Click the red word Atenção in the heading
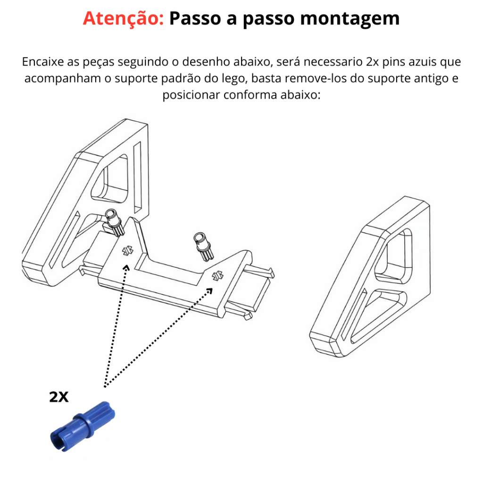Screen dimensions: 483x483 click(123, 18)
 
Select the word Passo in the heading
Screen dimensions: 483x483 click(195, 18)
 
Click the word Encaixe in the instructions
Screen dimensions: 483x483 click(43, 62)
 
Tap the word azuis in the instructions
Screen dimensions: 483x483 click(423, 62)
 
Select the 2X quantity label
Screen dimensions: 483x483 click(58, 397)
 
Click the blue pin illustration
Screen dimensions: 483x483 click(83, 426)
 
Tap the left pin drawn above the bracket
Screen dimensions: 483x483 click(114, 222)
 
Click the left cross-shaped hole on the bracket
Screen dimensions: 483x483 click(127, 251)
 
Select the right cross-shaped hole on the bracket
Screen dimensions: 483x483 click(217, 275)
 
